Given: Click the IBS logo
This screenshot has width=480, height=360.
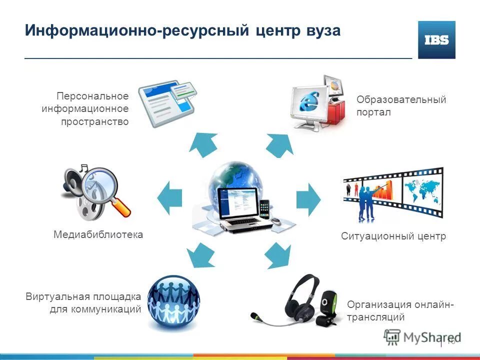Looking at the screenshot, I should click(x=436, y=40).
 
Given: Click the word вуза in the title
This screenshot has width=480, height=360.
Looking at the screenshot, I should click(x=320, y=30).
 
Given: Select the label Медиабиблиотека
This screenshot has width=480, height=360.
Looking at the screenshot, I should click(x=98, y=234).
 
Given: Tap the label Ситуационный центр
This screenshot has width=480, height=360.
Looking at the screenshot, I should click(x=393, y=236).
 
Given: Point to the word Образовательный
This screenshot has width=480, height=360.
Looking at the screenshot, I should click(x=401, y=99).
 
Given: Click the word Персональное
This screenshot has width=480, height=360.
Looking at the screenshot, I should click(x=92, y=95).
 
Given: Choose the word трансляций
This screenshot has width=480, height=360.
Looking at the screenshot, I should click(x=375, y=317).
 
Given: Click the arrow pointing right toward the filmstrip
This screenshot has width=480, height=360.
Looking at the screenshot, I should click(x=308, y=198).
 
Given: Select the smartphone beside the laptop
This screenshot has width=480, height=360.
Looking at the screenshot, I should click(x=264, y=209).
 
